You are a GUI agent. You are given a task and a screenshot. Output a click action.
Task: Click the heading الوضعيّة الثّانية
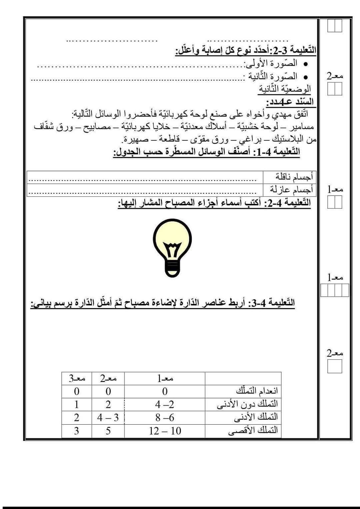tap(285, 89)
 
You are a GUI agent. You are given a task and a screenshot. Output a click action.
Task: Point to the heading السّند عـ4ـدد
tap(290, 101)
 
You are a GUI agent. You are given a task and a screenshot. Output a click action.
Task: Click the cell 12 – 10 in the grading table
tap(165, 431)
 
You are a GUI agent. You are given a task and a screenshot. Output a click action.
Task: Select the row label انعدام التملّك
tap(257, 390)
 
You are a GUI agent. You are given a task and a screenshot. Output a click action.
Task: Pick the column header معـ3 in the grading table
tap(77, 379)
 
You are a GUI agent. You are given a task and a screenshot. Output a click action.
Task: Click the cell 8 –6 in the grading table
tap(165, 417)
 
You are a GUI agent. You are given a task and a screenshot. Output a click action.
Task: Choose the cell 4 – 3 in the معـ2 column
tap(108, 417)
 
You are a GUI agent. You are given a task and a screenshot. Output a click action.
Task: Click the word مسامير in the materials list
tap(302, 127)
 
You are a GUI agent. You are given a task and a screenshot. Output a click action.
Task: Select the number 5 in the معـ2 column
tap(108, 431)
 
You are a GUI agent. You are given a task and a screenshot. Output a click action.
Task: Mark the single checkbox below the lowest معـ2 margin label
tap(334, 367)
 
